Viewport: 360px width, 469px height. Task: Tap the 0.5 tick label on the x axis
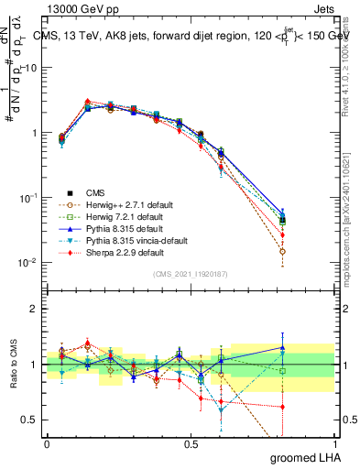coord(191,442)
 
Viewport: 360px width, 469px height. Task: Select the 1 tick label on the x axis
coord(335,442)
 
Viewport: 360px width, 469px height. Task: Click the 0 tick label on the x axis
coord(47,442)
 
